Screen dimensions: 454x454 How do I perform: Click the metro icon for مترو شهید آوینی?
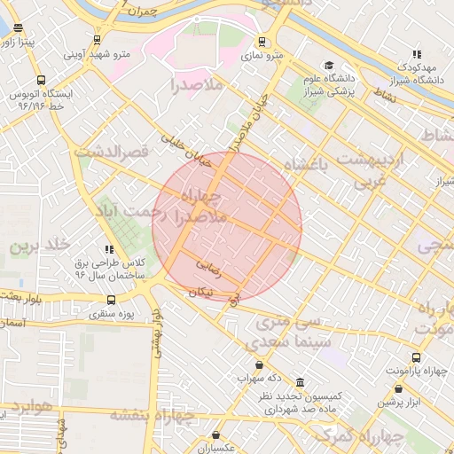click(97, 40)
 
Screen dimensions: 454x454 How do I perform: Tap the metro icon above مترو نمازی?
click(262, 42)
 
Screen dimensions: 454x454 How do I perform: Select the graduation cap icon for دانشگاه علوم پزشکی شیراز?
click(329, 66)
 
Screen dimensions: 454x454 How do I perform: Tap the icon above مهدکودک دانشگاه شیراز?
click(417, 54)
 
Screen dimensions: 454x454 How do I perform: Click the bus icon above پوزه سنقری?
click(111, 300)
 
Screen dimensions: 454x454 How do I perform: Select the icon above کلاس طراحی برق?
click(108, 250)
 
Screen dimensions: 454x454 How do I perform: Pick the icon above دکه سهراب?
click(258, 364)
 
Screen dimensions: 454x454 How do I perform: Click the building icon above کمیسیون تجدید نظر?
click(299, 382)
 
